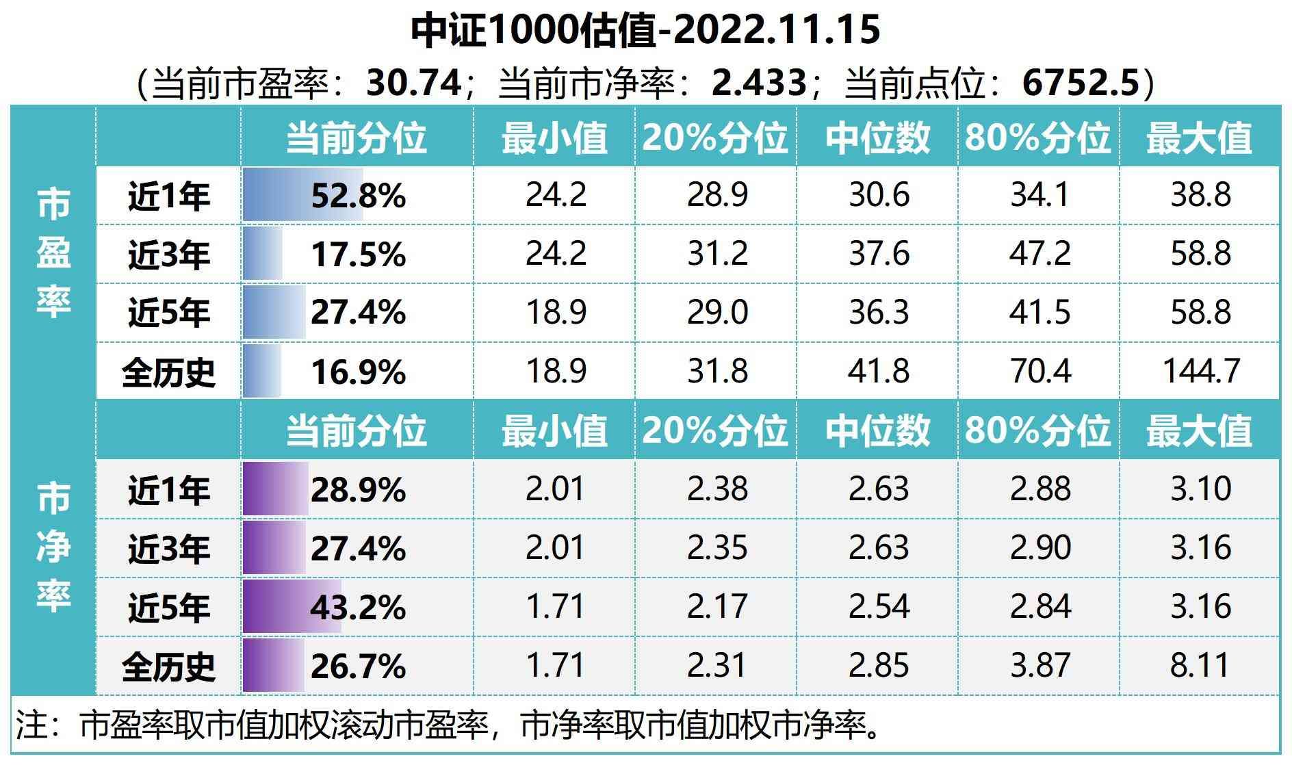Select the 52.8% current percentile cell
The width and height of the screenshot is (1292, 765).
click(x=358, y=196)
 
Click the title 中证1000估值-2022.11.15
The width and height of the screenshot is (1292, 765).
click(x=645, y=31)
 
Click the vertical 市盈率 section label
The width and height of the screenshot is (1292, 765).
click(x=53, y=253)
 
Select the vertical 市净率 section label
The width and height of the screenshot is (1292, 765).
click(x=53, y=547)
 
